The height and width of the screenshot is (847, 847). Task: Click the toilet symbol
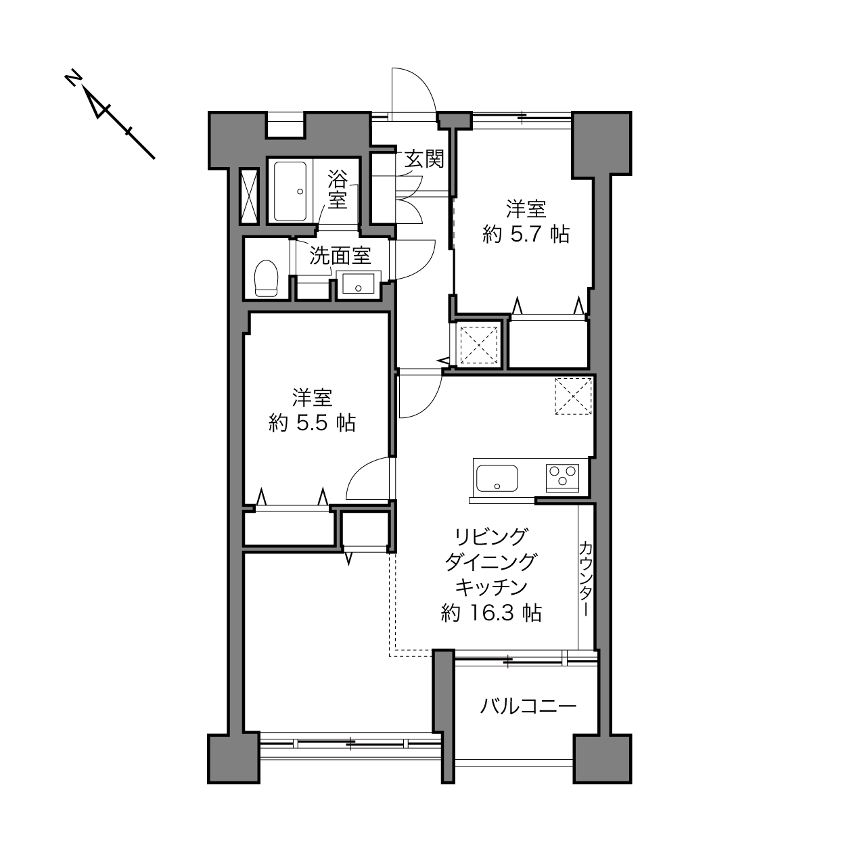[267, 278]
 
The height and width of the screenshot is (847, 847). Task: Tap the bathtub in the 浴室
[290, 191]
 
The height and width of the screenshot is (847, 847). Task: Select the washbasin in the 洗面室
[359, 283]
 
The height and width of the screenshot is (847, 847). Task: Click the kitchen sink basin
[497, 478]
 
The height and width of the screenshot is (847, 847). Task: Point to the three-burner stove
[562, 478]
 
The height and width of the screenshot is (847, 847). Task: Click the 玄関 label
[424, 158]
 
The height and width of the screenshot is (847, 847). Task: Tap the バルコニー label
[528, 707]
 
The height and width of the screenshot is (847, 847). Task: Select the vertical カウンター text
[585, 578]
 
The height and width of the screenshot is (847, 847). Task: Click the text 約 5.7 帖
[526, 234]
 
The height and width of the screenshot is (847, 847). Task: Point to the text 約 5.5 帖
[312, 423]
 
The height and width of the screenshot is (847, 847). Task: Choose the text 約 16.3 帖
[491, 613]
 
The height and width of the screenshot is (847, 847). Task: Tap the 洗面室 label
[340, 255]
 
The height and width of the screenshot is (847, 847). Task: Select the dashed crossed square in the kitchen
[573, 396]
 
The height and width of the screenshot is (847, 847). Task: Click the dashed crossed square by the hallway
[478, 345]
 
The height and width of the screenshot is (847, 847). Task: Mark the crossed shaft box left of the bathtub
[249, 196]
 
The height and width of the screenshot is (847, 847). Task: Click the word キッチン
[491, 587]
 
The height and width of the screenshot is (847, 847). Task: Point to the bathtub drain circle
[300, 191]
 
